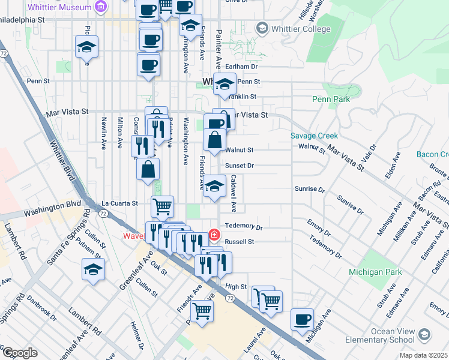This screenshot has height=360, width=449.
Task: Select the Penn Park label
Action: click(x=331, y=98)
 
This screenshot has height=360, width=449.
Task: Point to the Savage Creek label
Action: click(x=314, y=136)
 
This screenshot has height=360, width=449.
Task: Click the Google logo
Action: click(x=19, y=353)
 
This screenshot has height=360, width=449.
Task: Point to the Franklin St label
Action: click(x=243, y=96)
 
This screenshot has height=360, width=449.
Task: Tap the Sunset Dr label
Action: click(x=240, y=165)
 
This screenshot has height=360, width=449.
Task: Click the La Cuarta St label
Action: click(x=119, y=203)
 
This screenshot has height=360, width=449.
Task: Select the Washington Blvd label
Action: click(x=52, y=207)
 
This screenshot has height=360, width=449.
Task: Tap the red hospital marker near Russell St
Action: click(x=213, y=234)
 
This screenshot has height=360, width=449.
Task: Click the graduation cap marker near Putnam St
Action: click(x=94, y=269)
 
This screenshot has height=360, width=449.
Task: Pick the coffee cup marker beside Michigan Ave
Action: click(x=302, y=319)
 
